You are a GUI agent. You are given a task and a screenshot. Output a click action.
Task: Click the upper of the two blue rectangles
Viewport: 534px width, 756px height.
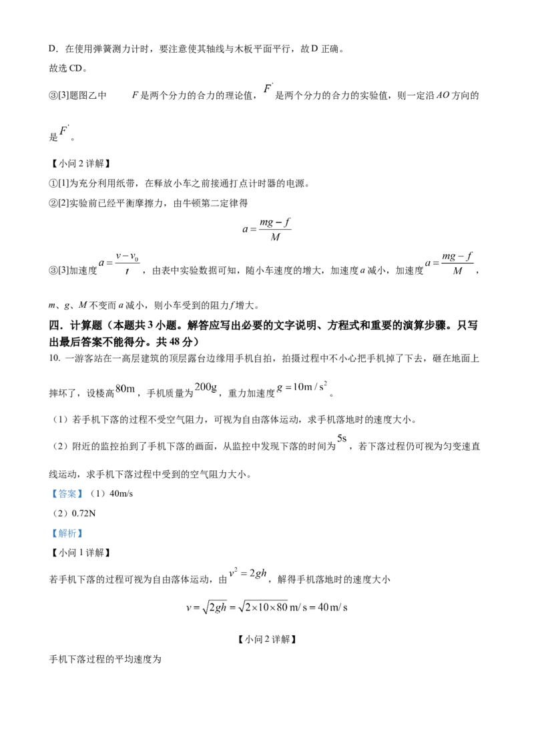(x=67, y=494)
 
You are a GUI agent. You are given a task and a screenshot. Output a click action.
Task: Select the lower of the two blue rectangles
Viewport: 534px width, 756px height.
(x=67, y=534)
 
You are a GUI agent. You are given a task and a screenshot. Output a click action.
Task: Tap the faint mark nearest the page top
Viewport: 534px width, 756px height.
(x=269, y=85)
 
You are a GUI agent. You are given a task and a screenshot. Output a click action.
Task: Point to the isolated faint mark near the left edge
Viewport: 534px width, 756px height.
(x=65, y=128)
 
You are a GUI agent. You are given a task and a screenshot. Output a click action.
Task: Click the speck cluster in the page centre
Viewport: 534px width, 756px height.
(x=270, y=229)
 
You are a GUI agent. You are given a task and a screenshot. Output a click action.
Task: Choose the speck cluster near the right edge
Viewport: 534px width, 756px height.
(x=454, y=262)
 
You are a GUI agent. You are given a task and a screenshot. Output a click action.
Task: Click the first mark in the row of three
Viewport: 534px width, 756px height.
(x=127, y=388)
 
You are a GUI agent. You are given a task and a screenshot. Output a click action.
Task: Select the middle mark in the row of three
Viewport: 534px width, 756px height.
(x=205, y=387)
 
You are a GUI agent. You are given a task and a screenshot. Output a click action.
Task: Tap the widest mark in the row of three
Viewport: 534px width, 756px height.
(x=304, y=388)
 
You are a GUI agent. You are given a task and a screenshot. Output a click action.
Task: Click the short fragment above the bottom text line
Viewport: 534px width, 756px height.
(x=248, y=572)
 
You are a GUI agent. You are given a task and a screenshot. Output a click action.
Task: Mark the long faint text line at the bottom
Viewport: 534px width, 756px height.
(x=267, y=608)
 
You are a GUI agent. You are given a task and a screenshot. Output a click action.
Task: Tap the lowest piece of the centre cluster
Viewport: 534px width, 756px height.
(x=280, y=242)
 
